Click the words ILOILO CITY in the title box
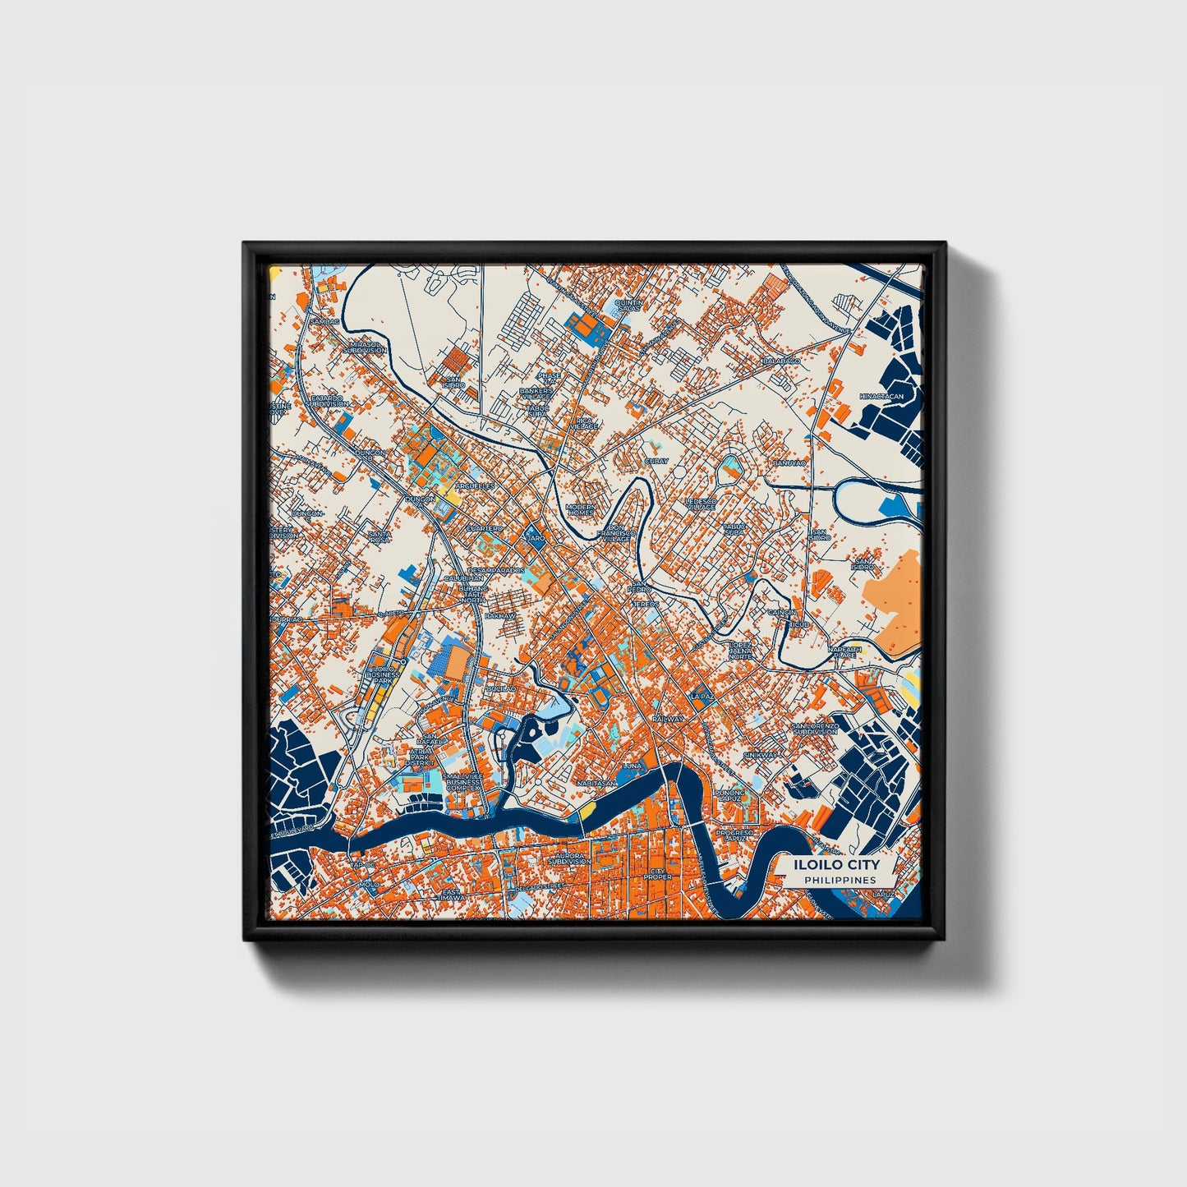(836, 865)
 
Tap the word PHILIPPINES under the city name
(840, 880)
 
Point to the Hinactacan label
(881, 396)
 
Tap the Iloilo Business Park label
(381, 674)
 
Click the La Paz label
(703, 696)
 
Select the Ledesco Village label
(701, 504)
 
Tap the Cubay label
(656, 462)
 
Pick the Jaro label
(535, 539)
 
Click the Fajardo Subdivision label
(329, 401)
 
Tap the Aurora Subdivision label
(570, 858)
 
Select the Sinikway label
(760, 754)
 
